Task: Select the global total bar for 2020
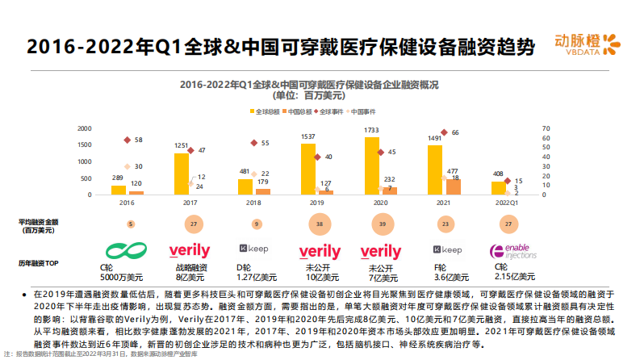click(x=372, y=165)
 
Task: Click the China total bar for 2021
click(x=454, y=186)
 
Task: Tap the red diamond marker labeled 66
click(x=443, y=132)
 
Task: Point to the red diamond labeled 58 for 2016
click(x=127, y=140)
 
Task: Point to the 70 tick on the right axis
click(x=546, y=128)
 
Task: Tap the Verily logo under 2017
click(x=190, y=251)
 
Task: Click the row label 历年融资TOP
click(x=39, y=263)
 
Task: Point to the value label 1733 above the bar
click(x=371, y=130)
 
